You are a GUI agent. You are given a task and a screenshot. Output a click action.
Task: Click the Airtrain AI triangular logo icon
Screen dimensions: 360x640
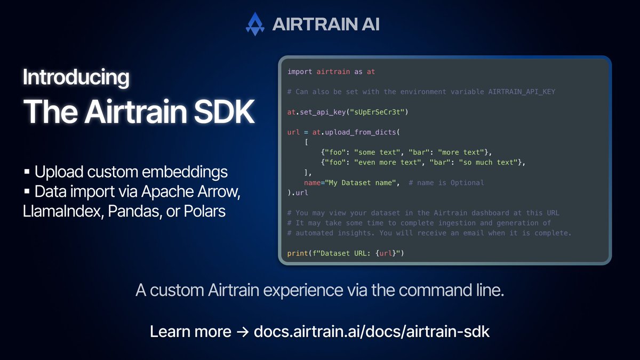point(255,25)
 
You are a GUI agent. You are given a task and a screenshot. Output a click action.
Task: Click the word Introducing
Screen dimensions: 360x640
point(76,78)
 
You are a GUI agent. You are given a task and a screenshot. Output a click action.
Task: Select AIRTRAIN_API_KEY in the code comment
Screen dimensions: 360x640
point(522,92)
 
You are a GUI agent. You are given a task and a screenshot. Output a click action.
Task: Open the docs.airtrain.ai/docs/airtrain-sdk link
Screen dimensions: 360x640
point(371,331)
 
